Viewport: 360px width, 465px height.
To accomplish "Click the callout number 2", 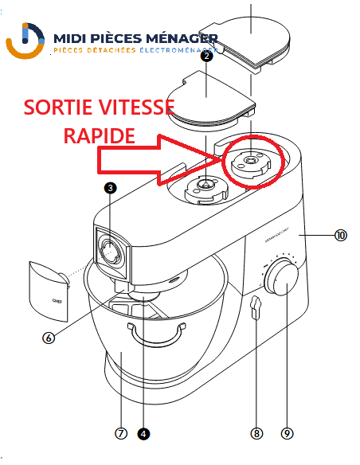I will [x=207, y=56].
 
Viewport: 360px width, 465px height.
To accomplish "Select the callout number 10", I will [x=340, y=236].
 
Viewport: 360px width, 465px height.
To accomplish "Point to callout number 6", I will [x=49, y=337].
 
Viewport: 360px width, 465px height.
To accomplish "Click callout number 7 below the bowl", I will [x=121, y=434].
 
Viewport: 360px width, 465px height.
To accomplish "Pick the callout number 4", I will [x=143, y=434].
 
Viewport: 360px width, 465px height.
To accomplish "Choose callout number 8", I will [x=256, y=434].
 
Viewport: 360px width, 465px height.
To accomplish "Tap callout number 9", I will [x=287, y=434].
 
